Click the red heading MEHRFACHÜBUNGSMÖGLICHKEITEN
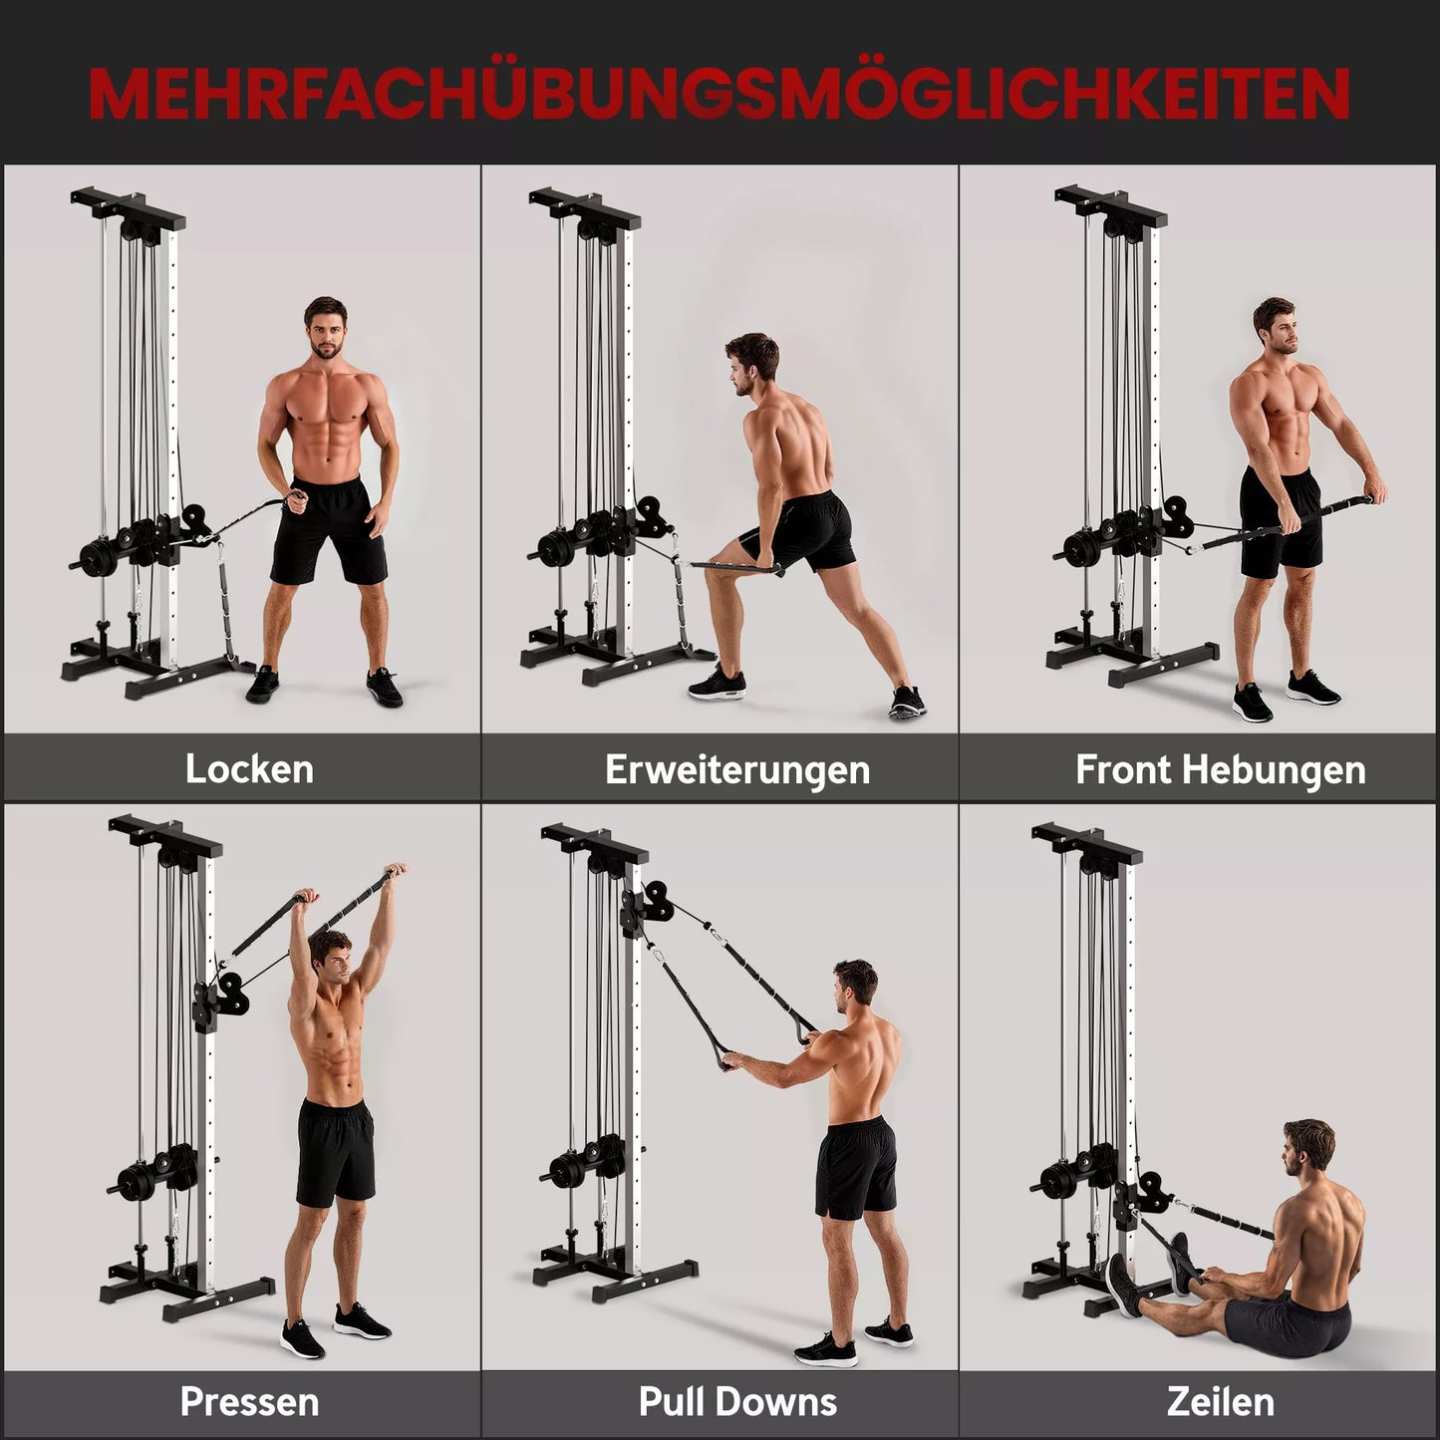[x=719, y=93]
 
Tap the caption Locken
[x=249, y=769]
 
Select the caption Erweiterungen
[x=737, y=769]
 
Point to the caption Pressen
[x=249, y=1401]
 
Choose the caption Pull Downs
[x=737, y=1401]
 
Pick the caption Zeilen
[x=1220, y=1401]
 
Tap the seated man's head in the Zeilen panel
[x=1306, y=1156]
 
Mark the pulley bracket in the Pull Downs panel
[x=643, y=907]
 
